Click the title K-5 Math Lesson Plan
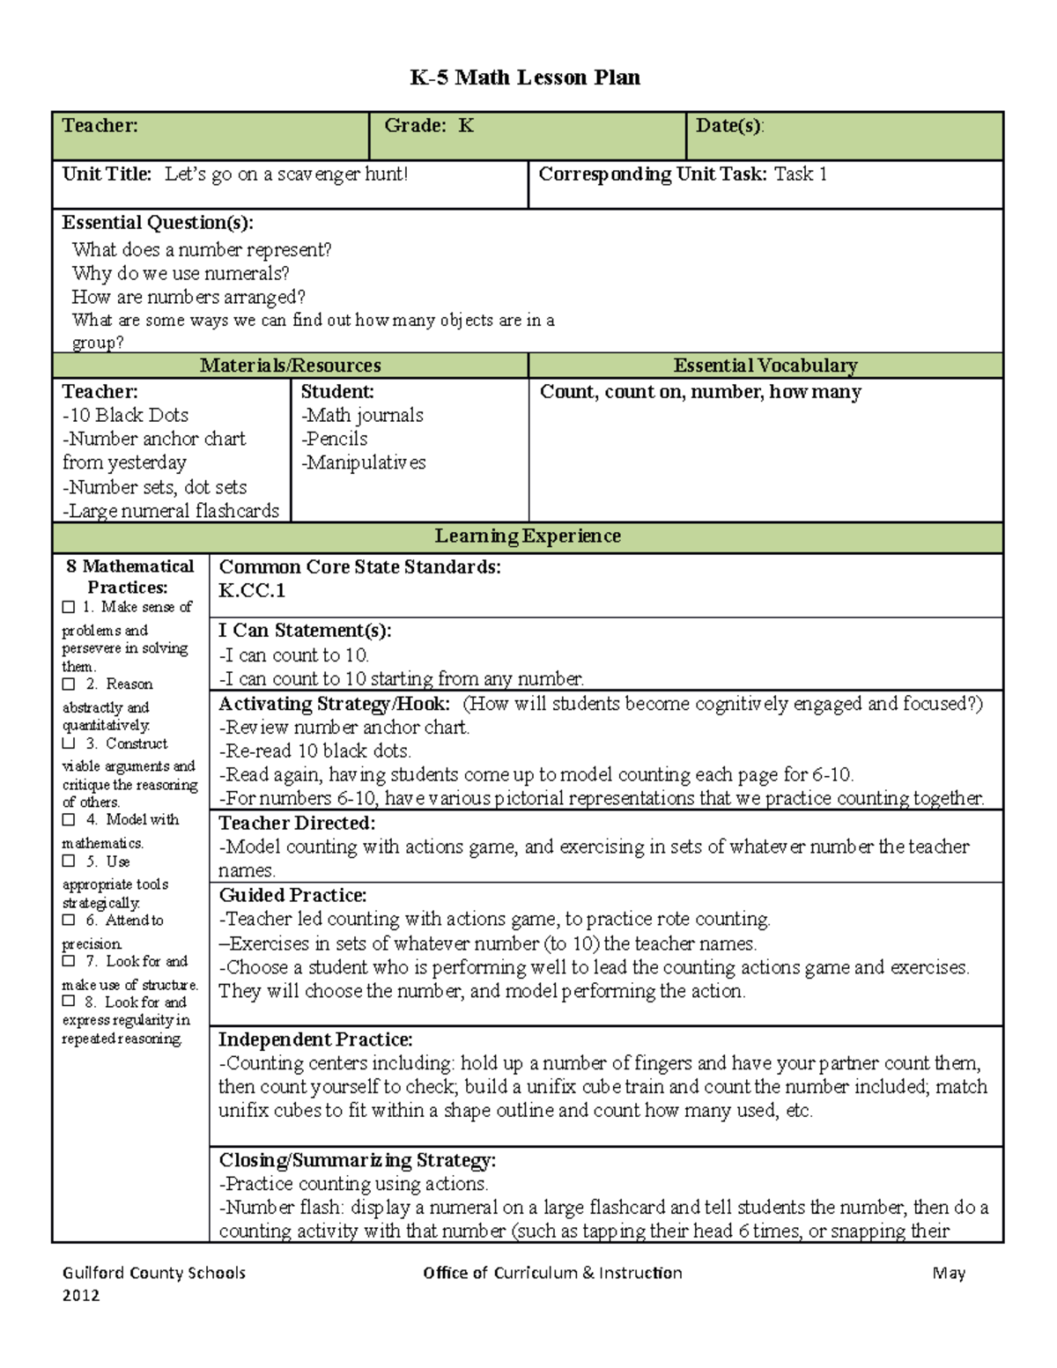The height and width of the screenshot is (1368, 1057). (x=525, y=78)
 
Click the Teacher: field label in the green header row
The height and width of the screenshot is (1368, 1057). (x=100, y=126)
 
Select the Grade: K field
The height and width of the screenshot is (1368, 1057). (x=429, y=126)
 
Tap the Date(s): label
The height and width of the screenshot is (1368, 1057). (x=729, y=126)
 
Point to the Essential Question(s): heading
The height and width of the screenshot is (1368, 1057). (x=157, y=222)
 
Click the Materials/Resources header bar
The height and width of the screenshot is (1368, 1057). (x=290, y=366)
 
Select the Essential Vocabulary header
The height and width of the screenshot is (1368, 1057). (x=765, y=366)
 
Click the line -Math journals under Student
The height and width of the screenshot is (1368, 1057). (x=362, y=415)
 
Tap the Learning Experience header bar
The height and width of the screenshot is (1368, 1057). (x=527, y=536)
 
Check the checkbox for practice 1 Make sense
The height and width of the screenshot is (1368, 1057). (x=69, y=607)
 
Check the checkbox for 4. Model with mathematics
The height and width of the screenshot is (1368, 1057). (x=69, y=820)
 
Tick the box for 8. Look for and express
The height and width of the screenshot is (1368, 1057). (x=69, y=1002)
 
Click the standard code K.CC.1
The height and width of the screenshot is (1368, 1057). (x=252, y=591)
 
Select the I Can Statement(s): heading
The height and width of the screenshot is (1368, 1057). (x=305, y=631)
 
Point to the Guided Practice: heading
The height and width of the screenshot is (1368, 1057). (x=292, y=895)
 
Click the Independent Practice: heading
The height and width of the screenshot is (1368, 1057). (x=315, y=1039)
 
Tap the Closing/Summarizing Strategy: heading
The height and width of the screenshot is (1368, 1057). (x=357, y=1160)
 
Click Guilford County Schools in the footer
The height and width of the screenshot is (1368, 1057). (x=154, y=1273)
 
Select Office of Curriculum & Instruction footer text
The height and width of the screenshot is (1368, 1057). (x=552, y=1273)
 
